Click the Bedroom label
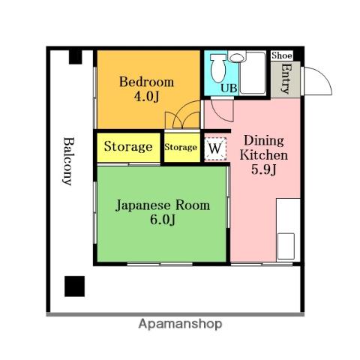(146, 82)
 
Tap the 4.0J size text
(147, 97)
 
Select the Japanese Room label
(163, 205)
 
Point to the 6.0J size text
(163, 220)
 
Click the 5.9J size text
(264, 169)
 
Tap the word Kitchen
(264, 155)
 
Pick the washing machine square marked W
(215, 148)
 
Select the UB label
(229, 88)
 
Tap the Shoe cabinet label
(282, 55)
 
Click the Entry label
(286, 79)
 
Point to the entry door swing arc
(322, 76)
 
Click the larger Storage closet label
(128, 146)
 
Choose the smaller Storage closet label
(181, 147)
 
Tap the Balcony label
(68, 161)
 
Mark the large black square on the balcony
(74, 286)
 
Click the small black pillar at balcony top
(76, 57)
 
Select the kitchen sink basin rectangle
(286, 246)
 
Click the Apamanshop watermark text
(180, 324)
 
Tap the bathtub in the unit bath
(253, 73)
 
